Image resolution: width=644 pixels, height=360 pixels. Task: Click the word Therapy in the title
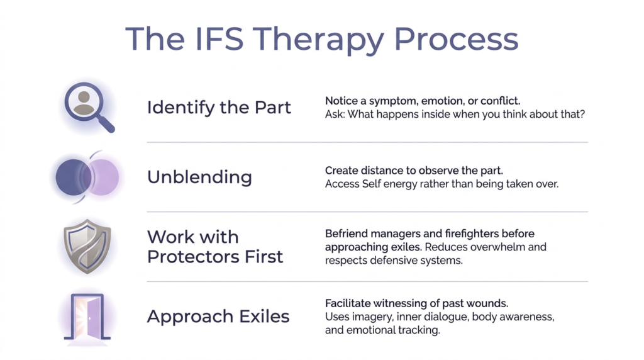point(319,40)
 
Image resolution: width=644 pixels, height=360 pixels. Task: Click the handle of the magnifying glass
point(106,125)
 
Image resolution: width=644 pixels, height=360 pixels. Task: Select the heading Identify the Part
point(219,108)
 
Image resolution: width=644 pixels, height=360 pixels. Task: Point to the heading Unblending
point(199,177)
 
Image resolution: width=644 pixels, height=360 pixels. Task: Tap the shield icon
point(87,247)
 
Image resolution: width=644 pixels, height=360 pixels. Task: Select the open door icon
point(87,317)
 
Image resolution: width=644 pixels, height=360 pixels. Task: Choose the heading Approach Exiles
point(218,317)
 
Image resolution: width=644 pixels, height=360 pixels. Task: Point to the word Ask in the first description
point(334,115)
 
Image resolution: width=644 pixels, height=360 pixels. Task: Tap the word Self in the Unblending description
point(371,184)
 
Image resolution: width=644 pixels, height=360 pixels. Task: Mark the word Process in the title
point(456,40)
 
